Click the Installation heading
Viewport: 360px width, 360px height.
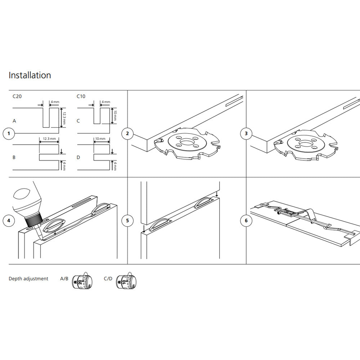point(30,75)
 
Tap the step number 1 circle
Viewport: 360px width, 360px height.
point(9,134)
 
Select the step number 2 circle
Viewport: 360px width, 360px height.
point(127,134)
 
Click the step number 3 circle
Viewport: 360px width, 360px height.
point(246,134)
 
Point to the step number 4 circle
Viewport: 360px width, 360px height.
point(9,221)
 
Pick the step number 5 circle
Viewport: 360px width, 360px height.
point(127,221)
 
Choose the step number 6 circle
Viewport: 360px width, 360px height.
point(246,221)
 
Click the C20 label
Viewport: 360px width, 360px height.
point(17,96)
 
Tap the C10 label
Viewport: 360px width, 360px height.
point(81,96)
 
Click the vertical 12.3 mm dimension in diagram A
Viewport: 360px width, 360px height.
point(64,118)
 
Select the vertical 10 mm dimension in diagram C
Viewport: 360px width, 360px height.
point(115,116)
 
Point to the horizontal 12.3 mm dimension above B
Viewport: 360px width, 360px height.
point(49,139)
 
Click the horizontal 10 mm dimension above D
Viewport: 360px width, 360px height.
point(100,139)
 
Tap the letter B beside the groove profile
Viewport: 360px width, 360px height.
point(14,158)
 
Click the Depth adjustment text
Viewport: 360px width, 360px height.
point(28,279)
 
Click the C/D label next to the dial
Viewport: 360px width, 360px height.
point(108,279)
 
